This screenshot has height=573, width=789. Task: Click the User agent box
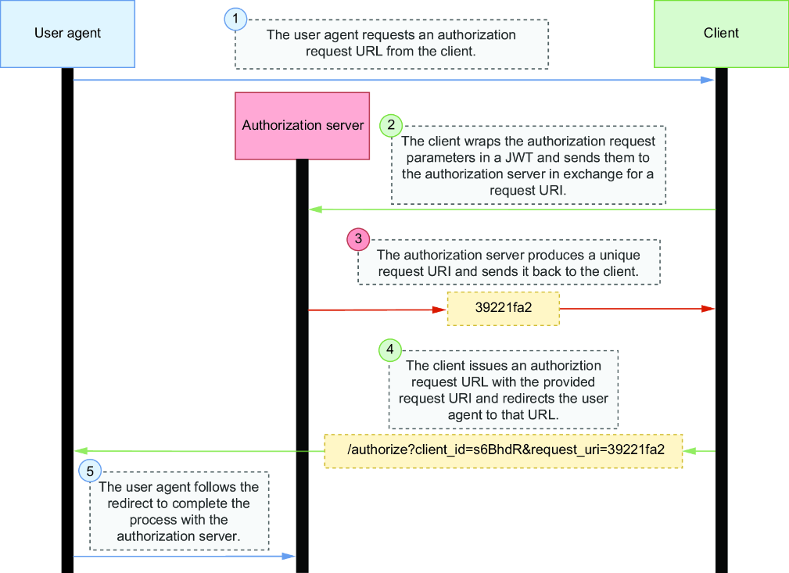(x=67, y=34)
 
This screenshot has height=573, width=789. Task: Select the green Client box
(x=721, y=34)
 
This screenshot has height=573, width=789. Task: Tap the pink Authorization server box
(x=303, y=126)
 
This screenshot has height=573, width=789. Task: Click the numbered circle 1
(x=235, y=19)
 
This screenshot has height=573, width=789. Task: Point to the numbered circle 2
(x=391, y=125)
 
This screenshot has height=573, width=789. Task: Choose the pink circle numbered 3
(x=358, y=239)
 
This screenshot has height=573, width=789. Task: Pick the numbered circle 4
(x=390, y=349)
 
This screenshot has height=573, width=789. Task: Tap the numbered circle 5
(x=90, y=471)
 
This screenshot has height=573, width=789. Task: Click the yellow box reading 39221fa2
(x=503, y=308)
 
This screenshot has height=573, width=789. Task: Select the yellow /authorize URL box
(x=503, y=451)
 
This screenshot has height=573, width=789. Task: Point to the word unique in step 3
(x=619, y=255)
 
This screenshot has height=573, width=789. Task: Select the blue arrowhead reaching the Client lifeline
(x=708, y=80)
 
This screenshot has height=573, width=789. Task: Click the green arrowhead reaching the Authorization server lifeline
(x=315, y=210)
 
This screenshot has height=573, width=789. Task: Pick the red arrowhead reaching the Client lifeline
(x=708, y=308)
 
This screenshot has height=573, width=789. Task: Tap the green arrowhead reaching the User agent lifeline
(x=81, y=451)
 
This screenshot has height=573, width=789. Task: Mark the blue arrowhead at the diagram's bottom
(x=289, y=556)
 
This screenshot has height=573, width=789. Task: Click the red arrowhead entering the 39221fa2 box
(x=439, y=310)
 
